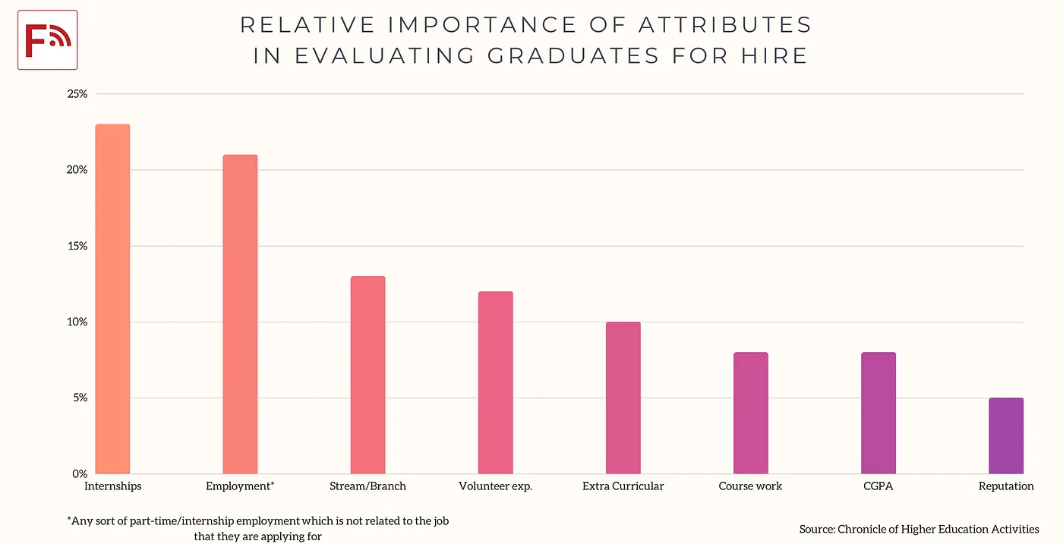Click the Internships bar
click(112, 299)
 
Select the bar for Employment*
click(240, 314)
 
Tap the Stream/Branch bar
click(367, 375)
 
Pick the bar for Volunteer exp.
click(495, 382)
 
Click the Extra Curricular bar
click(623, 398)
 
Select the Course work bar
click(750, 413)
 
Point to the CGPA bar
click(878, 413)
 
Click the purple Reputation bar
click(1005, 436)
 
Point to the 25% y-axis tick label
click(77, 94)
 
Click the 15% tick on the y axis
click(77, 246)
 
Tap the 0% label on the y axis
click(80, 473)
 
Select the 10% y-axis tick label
click(77, 322)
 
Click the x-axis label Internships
click(112, 486)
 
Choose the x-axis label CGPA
click(878, 486)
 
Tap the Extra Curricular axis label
click(623, 486)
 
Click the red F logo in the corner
click(47, 40)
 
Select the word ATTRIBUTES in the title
click(725, 25)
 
